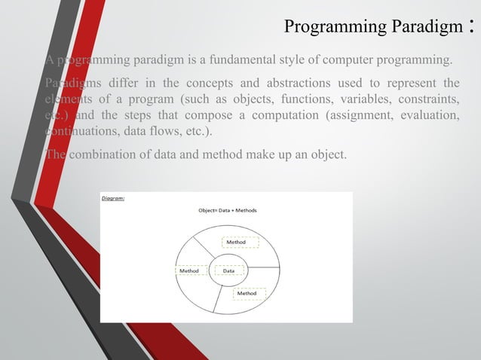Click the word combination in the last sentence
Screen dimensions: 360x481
[x=108, y=155]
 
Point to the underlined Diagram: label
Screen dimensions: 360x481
[x=113, y=199]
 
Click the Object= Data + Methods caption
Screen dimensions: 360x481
[x=227, y=210]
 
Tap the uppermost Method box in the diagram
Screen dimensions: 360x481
[x=240, y=243]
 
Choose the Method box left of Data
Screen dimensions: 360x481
[x=189, y=270]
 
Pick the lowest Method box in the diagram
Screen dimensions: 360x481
[x=249, y=293]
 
